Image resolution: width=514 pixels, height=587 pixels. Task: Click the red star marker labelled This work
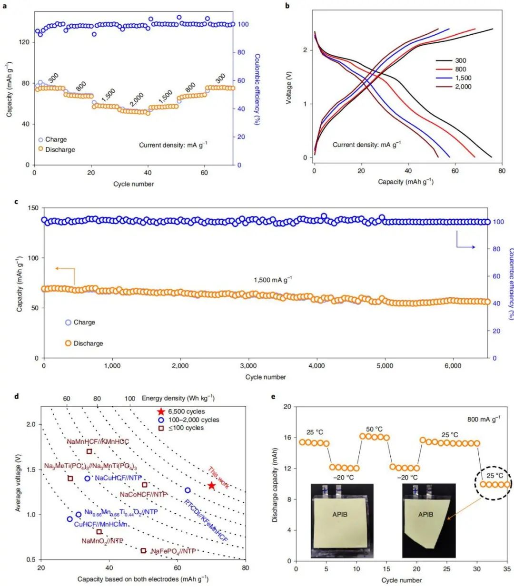[x=212, y=486]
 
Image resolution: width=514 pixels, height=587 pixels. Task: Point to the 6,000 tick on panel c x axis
[x=453, y=366]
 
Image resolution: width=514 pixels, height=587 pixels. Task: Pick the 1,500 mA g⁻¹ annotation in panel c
[x=273, y=280]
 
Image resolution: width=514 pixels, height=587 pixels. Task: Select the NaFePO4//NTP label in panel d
[x=173, y=551]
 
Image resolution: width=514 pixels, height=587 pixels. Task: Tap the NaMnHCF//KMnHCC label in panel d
[x=98, y=441]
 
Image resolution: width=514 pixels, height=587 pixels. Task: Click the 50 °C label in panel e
[x=374, y=429]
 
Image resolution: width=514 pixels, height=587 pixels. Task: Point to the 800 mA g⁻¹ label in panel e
[x=484, y=419]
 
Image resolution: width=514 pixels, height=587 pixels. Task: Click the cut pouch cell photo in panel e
[x=428, y=520]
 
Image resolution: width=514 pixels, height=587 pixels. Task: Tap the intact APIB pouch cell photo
[x=342, y=520]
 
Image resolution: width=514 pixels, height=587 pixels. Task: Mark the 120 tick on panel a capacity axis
[x=24, y=42]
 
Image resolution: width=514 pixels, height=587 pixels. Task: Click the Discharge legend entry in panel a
[x=60, y=149]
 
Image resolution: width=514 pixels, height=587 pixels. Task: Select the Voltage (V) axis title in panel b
[x=289, y=88]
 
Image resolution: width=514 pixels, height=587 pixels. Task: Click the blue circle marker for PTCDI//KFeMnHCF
[x=188, y=490]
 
